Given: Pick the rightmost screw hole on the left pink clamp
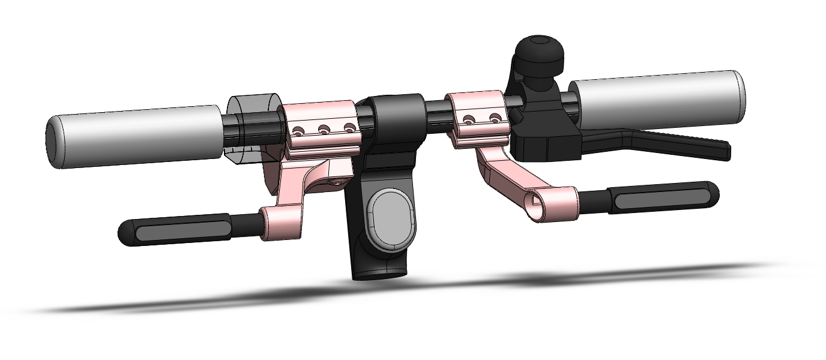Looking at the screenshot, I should [349, 127].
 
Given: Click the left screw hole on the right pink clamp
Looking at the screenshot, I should [468, 120].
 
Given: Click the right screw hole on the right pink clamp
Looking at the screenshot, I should [495, 118].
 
